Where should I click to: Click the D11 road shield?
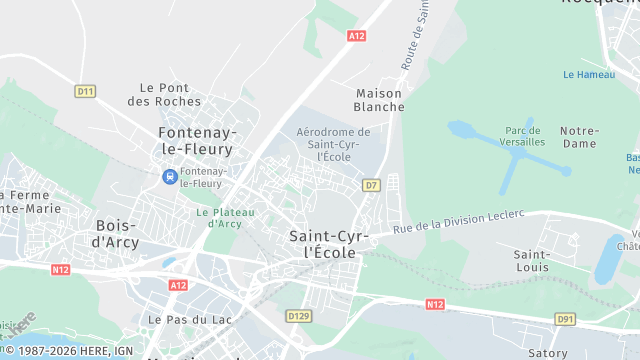point(85,91)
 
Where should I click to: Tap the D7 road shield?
point(371,185)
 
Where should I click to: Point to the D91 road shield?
point(566,319)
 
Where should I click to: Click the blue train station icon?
point(170,177)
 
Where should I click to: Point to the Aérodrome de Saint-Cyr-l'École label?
point(333,144)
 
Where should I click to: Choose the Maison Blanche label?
point(380,100)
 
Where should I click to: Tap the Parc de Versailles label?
point(525,136)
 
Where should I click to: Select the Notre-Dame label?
point(579,137)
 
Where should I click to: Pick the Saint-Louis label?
point(530,262)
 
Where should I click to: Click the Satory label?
point(548,351)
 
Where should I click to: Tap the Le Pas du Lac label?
point(176,319)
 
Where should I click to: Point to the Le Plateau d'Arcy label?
point(226,217)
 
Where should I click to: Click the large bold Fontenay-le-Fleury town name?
point(196,141)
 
